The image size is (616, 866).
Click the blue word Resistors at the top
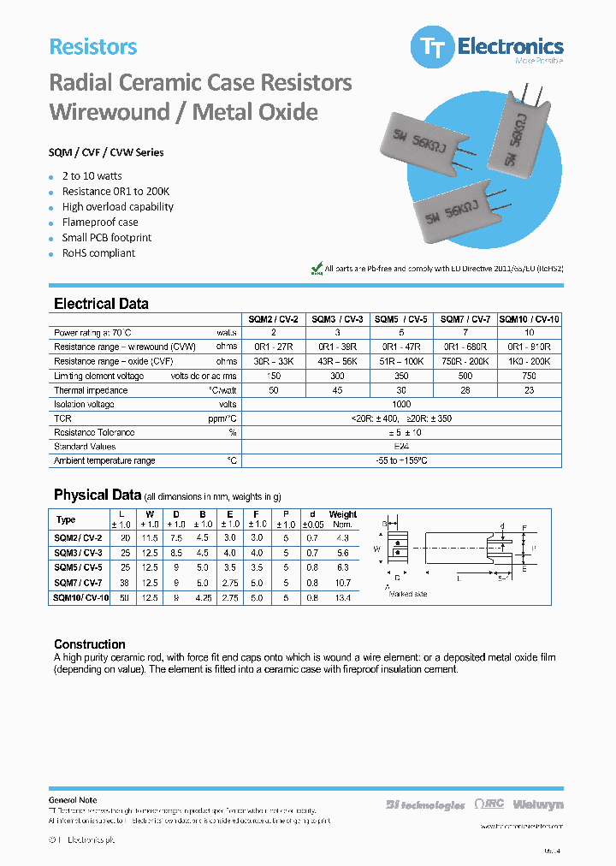tap(93, 47)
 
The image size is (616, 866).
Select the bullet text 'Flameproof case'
tap(99, 222)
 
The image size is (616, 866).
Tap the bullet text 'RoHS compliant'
tap(98, 253)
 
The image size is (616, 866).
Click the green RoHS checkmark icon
tap(316, 269)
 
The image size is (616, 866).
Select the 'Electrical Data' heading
tap(101, 304)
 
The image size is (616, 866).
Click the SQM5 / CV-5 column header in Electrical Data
tap(401, 319)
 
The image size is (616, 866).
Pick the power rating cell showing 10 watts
tap(529, 333)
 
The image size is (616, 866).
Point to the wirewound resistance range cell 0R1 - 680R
tap(465, 347)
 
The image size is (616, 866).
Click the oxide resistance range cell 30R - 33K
tap(274, 362)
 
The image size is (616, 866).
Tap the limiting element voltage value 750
tap(529, 376)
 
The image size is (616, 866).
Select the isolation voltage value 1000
tap(401, 405)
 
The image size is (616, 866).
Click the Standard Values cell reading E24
tap(401, 447)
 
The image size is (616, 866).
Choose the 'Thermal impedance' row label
tap(91, 390)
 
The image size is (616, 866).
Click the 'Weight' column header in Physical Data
tap(342, 515)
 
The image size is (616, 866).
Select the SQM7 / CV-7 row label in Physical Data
tap(78, 583)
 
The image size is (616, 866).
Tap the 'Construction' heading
tap(90, 644)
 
